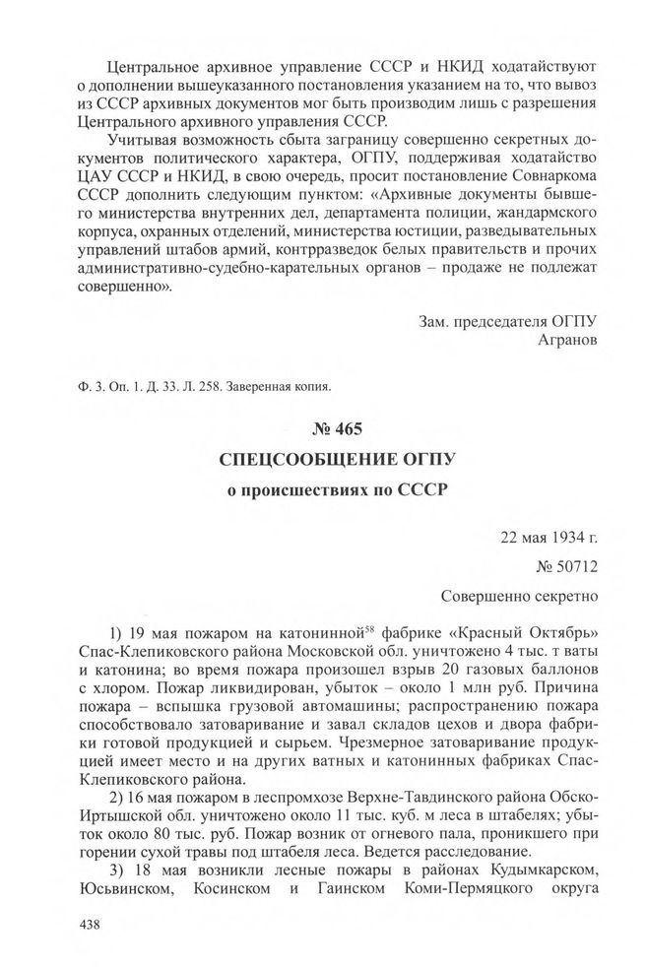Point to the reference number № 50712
tap(566, 566)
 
